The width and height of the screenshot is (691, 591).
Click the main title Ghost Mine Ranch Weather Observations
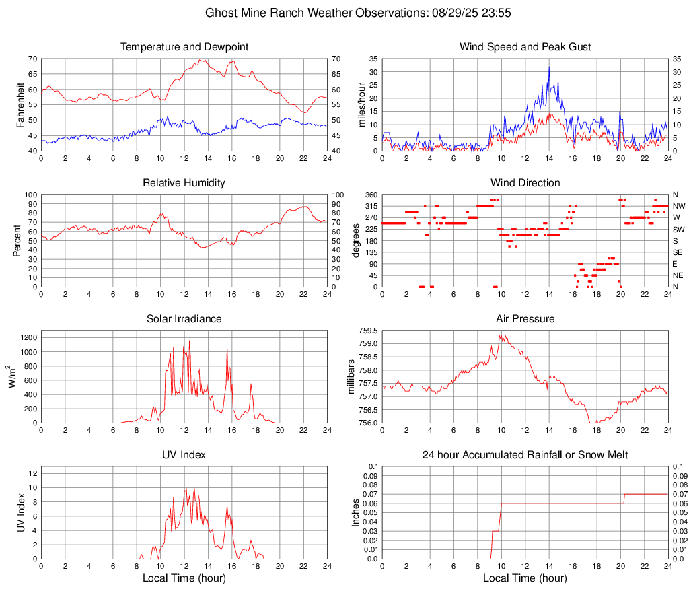point(345,13)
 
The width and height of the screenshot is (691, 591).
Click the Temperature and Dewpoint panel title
point(184,47)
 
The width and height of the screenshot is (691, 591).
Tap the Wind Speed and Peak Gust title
point(525,47)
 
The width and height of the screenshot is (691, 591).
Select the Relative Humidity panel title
point(184,183)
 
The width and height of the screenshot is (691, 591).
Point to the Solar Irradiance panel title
point(184,319)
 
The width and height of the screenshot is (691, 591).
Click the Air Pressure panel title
point(525,319)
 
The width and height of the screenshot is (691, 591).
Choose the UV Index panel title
point(184,455)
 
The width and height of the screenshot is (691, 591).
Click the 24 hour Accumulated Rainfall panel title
point(525,455)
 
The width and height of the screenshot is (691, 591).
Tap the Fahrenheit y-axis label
point(20,104)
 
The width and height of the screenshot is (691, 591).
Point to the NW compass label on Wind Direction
point(679,206)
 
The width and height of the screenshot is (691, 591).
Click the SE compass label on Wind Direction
point(678,252)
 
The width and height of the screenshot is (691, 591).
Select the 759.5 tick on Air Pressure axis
point(367,331)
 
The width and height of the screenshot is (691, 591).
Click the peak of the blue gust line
point(549,66)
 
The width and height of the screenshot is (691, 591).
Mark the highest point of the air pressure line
point(500,335)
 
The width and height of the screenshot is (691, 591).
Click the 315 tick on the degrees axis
point(370,206)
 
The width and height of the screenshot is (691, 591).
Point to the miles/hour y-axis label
point(362,104)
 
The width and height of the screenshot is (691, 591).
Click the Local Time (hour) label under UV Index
point(184,578)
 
